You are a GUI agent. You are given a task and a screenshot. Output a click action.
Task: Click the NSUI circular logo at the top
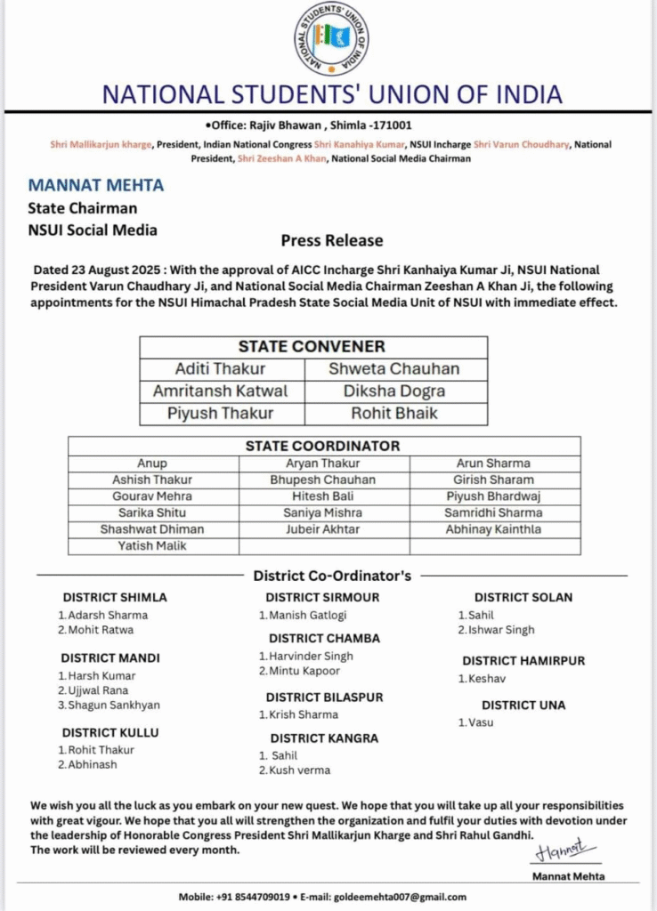click(x=331, y=38)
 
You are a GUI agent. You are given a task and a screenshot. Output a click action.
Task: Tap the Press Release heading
click(x=332, y=240)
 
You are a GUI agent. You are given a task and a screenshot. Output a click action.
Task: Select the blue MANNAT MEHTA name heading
click(x=96, y=187)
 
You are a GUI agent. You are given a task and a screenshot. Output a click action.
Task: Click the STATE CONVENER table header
click(x=312, y=347)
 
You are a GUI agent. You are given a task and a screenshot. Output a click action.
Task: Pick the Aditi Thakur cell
click(x=220, y=368)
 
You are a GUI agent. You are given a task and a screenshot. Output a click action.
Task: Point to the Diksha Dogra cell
click(x=394, y=391)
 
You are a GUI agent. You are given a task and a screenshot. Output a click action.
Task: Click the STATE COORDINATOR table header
click(x=322, y=446)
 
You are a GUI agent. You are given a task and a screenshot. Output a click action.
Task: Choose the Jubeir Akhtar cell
click(x=323, y=529)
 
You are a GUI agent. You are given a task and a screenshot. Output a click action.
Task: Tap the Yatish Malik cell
click(x=152, y=545)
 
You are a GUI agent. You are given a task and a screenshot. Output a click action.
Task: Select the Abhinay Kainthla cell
click(x=493, y=529)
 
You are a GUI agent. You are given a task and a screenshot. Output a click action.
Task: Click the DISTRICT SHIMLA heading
click(x=114, y=598)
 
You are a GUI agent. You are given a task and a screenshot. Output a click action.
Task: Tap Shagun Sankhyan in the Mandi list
click(x=114, y=705)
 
